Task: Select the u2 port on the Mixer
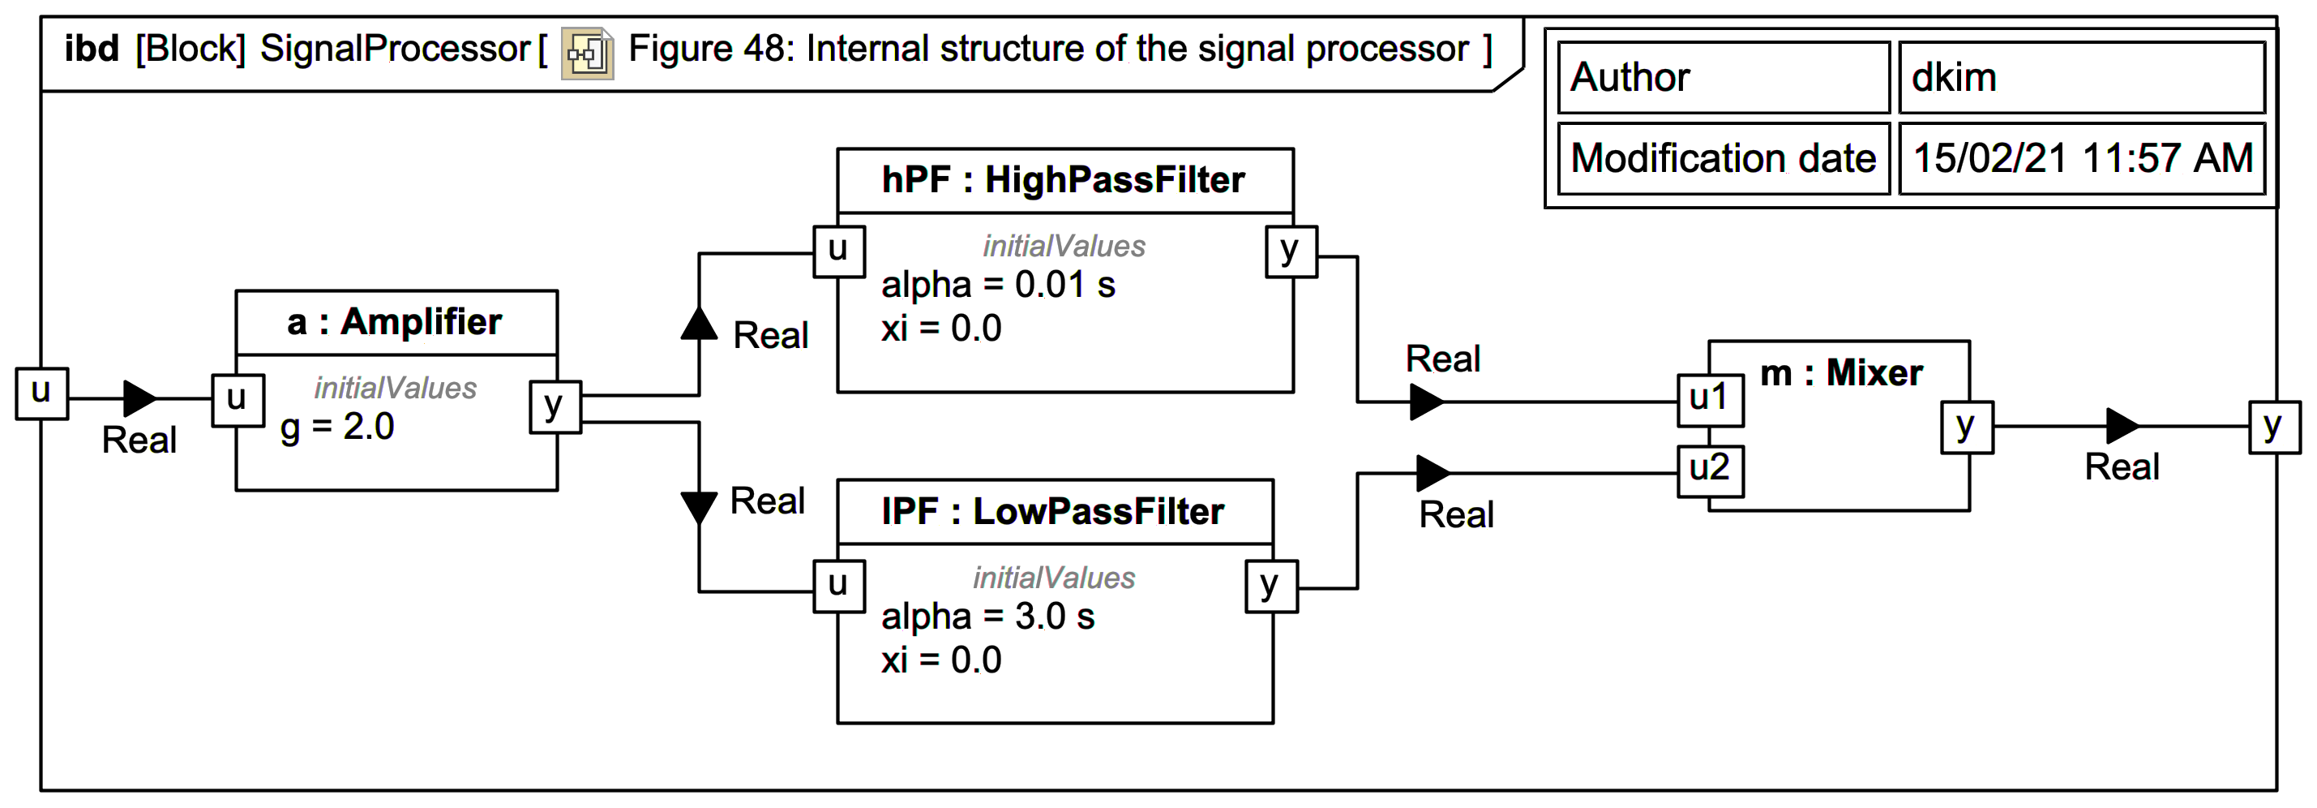[1710, 471]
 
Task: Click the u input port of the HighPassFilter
[838, 251]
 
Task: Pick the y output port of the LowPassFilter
[1270, 586]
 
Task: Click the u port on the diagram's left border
[41, 393]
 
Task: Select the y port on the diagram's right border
[2274, 428]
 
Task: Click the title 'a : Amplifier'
[395, 322]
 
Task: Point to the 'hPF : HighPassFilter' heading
[1063, 180]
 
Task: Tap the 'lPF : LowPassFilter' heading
[1052, 511]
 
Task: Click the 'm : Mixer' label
[1840, 372]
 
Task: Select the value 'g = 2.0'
[337, 427]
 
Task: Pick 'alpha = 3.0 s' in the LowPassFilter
[987, 617]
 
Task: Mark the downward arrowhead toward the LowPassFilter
[699, 506]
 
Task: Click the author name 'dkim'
[1953, 77]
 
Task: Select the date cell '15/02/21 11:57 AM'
[2081, 158]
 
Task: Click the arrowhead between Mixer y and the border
[2122, 426]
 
